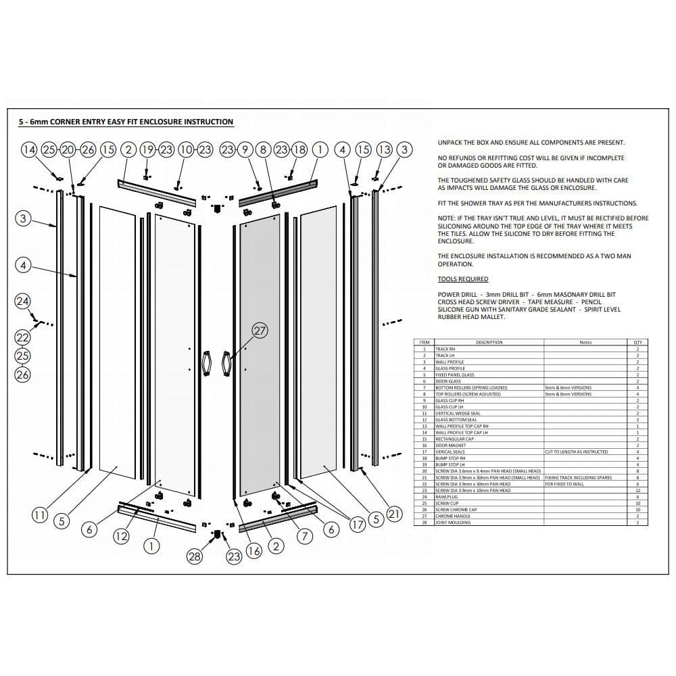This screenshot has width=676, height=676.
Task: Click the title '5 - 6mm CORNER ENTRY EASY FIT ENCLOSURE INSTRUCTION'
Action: coord(126,122)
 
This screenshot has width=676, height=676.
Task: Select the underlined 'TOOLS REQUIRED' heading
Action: coord(462,279)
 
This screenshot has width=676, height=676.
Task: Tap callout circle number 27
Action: coord(260,331)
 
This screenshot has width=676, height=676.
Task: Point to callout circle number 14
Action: coord(29,149)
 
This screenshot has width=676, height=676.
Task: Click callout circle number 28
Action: coord(195,556)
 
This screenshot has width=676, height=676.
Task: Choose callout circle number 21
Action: coord(395,514)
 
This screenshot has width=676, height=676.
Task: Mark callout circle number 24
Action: coord(23,300)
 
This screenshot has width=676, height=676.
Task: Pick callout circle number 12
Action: coord(121,536)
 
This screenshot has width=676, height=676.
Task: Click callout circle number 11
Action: coord(40,515)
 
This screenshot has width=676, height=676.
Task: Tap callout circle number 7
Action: coord(305,536)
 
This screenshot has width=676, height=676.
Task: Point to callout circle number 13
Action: coord(384,149)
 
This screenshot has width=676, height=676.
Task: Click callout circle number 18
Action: coord(299,149)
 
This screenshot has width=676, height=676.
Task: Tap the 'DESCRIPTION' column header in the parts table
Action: coord(489,342)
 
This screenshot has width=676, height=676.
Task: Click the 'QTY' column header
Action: coord(637,342)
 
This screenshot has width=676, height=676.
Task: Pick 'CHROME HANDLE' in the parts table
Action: coord(452,516)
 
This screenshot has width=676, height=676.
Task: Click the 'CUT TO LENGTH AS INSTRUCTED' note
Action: coord(576,452)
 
